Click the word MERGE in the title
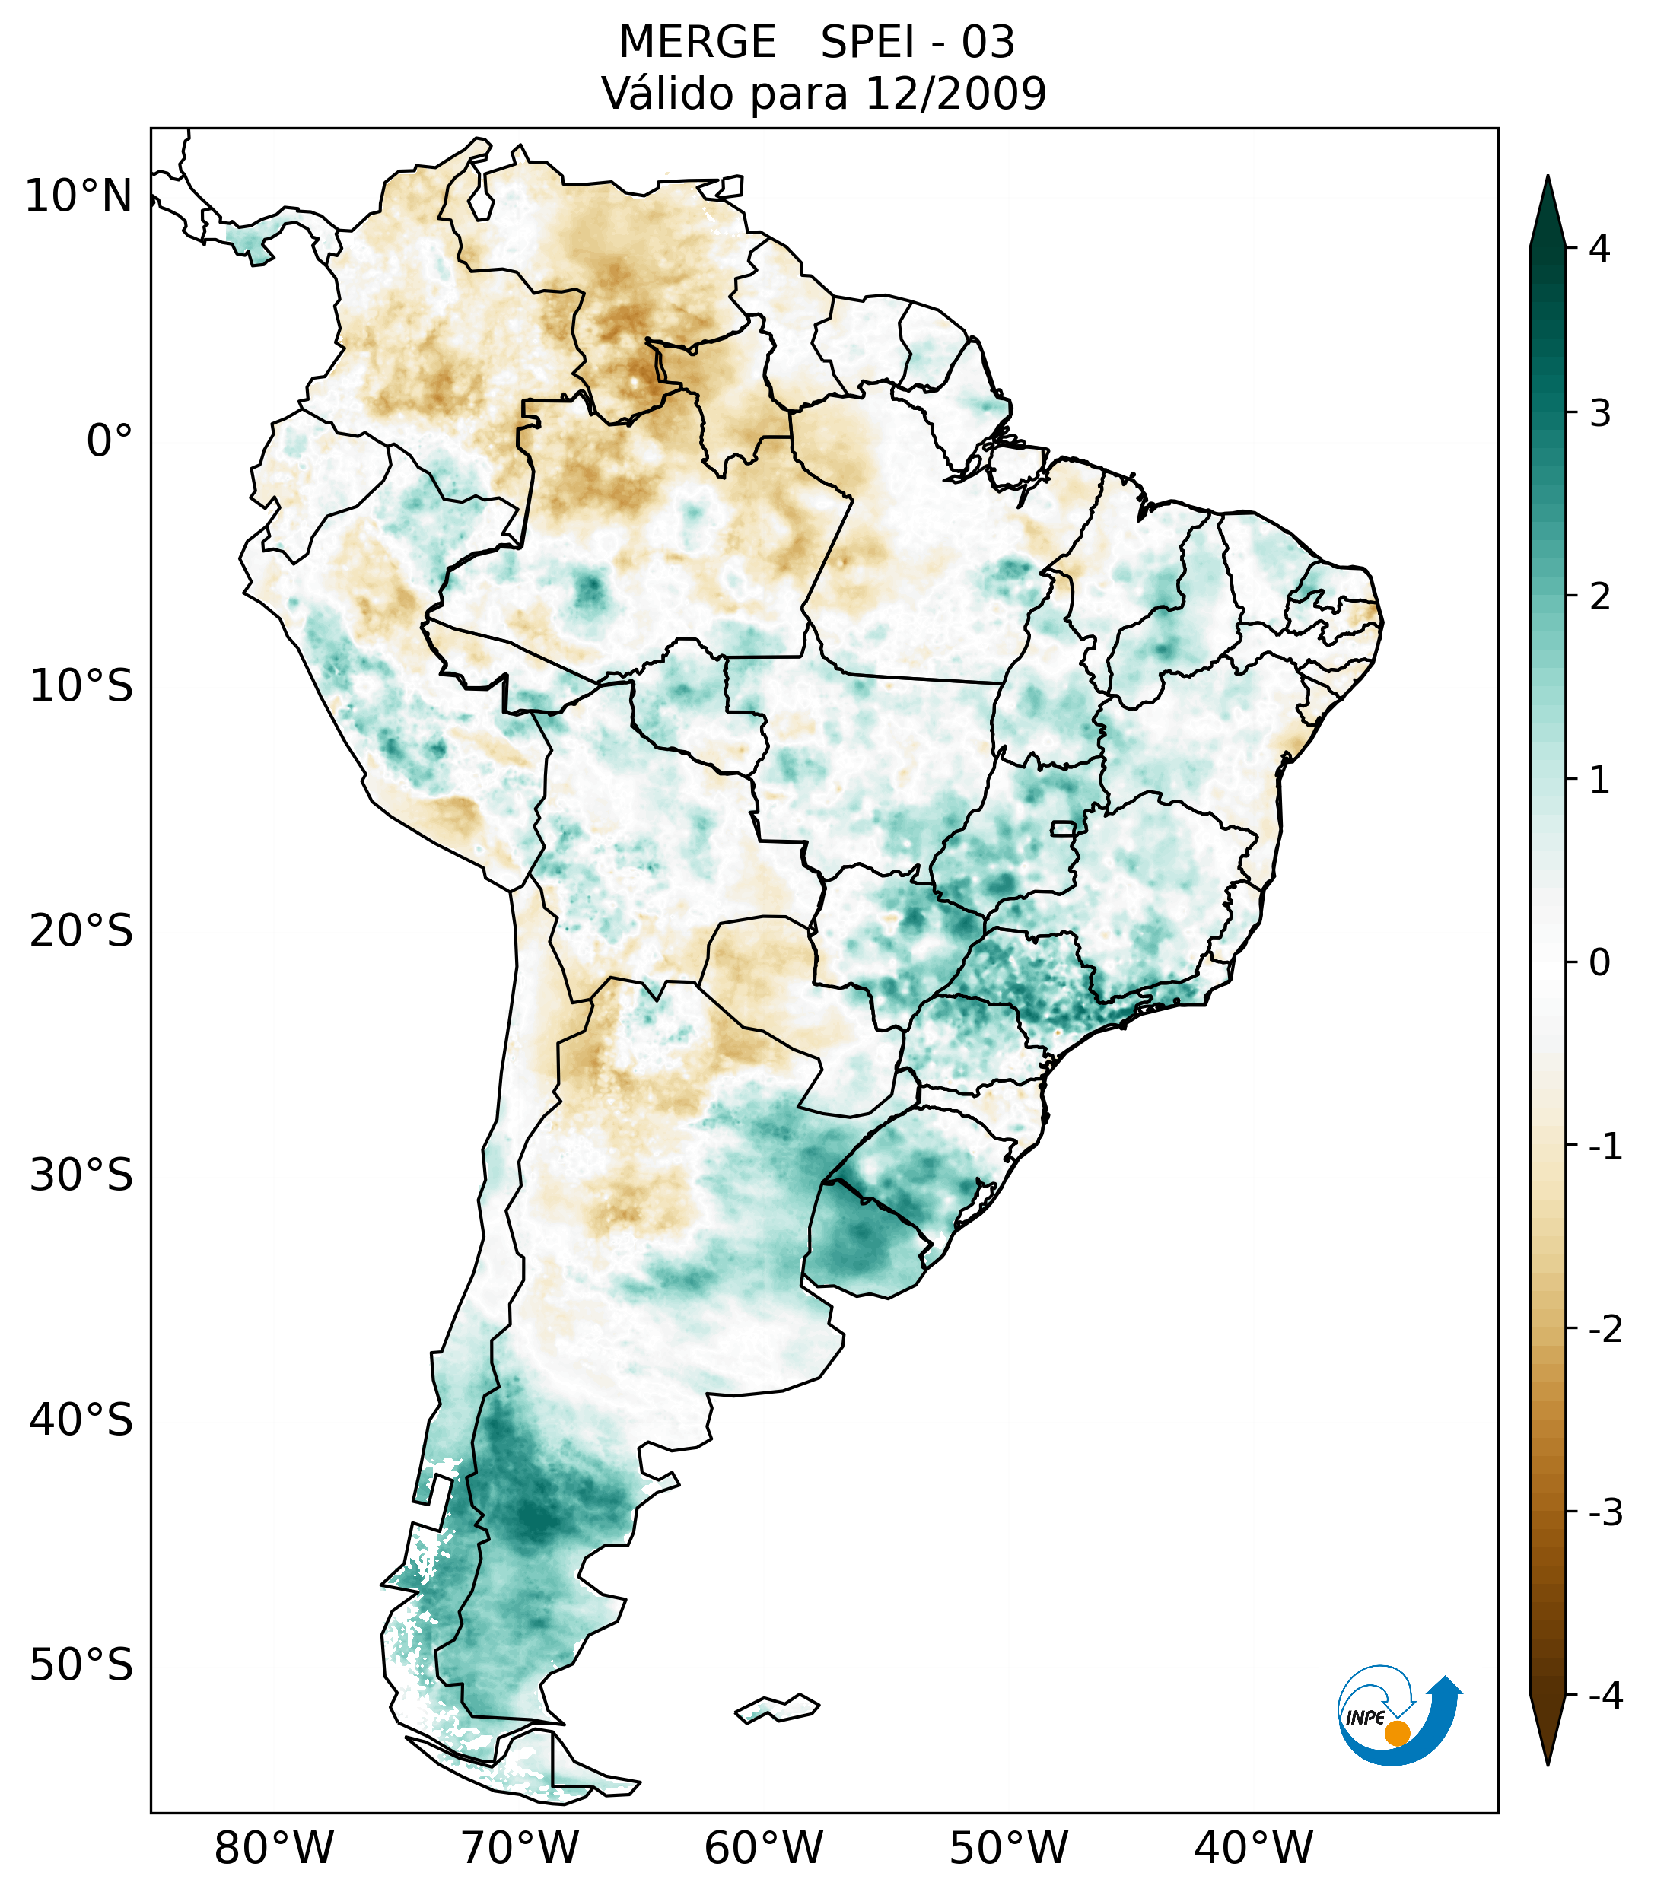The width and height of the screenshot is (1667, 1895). click(x=696, y=43)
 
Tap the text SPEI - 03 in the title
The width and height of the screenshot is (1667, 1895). click(x=917, y=43)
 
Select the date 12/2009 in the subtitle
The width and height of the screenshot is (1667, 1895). click(x=955, y=94)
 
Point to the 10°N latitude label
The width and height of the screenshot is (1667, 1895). click(x=79, y=196)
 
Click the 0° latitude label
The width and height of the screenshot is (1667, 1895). click(x=110, y=441)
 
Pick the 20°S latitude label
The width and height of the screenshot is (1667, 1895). click(x=81, y=931)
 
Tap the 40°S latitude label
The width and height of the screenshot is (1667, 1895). click(x=81, y=1420)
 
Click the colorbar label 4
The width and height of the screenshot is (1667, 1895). click(x=1599, y=249)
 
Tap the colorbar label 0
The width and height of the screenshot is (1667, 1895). click(x=1599, y=963)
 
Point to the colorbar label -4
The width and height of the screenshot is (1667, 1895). click(x=1605, y=1696)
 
